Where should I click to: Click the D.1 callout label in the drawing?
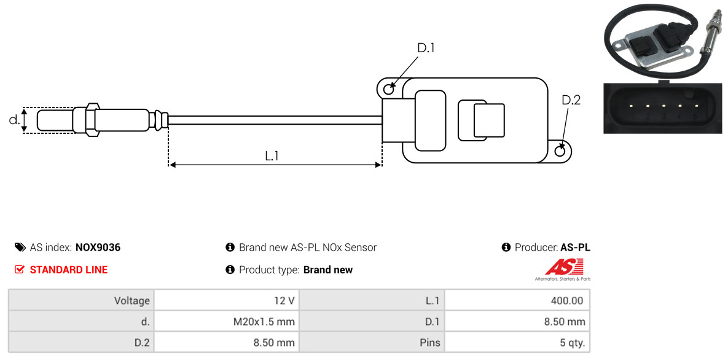(x=426, y=48)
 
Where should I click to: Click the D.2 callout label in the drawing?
(x=571, y=100)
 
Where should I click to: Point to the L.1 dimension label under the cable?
(x=272, y=156)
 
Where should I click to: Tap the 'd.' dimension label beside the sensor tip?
(x=14, y=120)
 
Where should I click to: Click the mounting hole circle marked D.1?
(x=388, y=90)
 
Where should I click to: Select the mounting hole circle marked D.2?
(x=560, y=151)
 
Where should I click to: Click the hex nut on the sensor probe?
(x=90, y=119)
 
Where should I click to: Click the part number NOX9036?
(x=98, y=248)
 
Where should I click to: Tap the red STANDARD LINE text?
(x=68, y=270)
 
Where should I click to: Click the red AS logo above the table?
(x=564, y=267)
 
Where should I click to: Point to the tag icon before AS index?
(x=20, y=248)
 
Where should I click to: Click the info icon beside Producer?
(x=506, y=248)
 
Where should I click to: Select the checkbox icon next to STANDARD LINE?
(x=20, y=270)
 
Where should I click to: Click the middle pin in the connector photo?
(x=663, y=106)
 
